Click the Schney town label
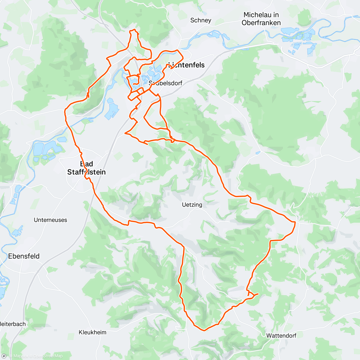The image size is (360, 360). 201,20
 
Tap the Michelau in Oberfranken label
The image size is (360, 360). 261,19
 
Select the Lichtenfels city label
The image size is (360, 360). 187,65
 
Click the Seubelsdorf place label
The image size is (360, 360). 166,83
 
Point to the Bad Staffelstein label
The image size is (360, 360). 86,168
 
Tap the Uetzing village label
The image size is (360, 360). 192,205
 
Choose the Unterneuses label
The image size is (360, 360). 50,220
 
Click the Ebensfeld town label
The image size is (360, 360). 24,256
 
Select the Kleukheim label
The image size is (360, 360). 92,332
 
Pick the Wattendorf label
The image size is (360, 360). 281,335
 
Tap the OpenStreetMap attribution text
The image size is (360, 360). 48,356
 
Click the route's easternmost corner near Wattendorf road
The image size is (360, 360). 295,222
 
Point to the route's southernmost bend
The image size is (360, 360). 204,330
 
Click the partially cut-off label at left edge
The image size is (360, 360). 13,324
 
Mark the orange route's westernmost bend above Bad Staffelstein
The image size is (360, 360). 65,112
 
